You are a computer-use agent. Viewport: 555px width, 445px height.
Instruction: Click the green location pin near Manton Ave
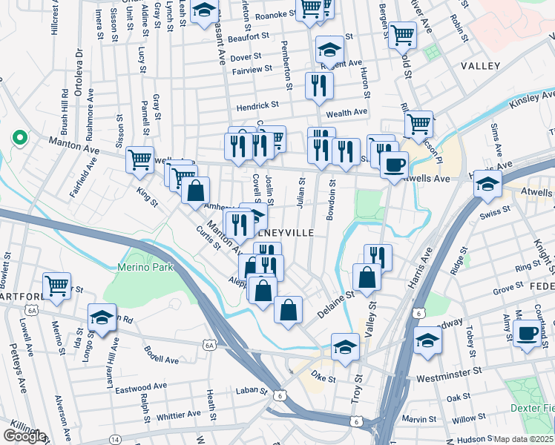pos(18,138)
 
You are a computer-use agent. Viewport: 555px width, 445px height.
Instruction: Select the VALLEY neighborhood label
pos(480,67)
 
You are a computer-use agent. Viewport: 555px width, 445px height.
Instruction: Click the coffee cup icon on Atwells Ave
pos(394,164)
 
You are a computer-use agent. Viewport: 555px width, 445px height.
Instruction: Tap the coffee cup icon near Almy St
pos(528,334)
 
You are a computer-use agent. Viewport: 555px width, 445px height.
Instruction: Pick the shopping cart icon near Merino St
pos(56,286)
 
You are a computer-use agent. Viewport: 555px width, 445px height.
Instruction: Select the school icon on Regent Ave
pos(329,49)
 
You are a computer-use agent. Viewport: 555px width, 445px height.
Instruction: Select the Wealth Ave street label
pos(347,112)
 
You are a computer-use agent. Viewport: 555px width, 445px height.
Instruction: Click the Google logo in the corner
pos(24,436)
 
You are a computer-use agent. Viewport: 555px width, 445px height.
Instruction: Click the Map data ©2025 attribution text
pos(523,439)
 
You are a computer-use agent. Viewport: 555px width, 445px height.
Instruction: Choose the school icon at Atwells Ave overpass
pos(487,182)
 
